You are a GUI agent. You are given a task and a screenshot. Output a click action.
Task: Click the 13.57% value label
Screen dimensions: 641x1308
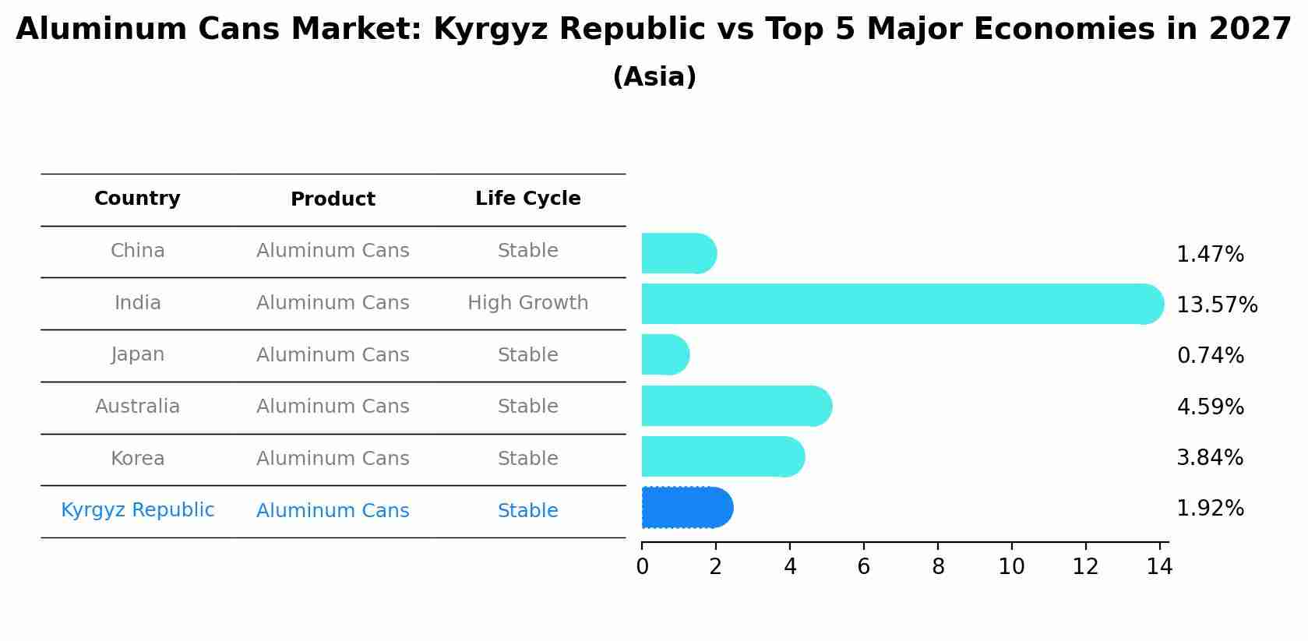[x=1216, y=305]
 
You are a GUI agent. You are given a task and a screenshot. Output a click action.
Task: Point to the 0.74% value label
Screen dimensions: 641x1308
[x=1210, y=356]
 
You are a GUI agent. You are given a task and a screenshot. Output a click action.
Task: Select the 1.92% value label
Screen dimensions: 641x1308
[x=1210, y=509]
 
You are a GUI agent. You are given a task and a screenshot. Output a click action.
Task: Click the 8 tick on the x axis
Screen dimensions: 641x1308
[x=938, y=567]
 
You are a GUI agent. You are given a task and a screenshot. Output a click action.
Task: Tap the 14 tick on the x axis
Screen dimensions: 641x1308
[x=1159, y=567]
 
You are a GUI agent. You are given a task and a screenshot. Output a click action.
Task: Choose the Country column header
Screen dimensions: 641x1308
[x=137, y=199]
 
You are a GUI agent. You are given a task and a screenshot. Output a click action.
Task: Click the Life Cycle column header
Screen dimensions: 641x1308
[x=527, y=199]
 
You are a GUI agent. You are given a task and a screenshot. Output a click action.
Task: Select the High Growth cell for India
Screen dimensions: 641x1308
[x=527, y=303]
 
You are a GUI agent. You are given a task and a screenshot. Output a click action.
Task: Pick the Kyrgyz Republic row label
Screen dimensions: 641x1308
[x=137, y=510]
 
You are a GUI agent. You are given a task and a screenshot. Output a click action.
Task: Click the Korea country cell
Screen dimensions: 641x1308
[x=137, y=459]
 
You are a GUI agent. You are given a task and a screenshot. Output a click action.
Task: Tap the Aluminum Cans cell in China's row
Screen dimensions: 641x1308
[x=333, y=251]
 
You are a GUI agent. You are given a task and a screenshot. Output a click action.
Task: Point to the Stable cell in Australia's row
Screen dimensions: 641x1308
[x=527, y=407]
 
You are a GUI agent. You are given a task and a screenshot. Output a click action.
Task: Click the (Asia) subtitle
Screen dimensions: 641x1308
[x=654, y=77]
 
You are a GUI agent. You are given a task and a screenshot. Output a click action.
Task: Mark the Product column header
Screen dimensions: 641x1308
[x=333, y=199]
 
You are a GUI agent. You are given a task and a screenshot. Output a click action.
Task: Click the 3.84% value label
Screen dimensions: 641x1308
[x=1210, y=458]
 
